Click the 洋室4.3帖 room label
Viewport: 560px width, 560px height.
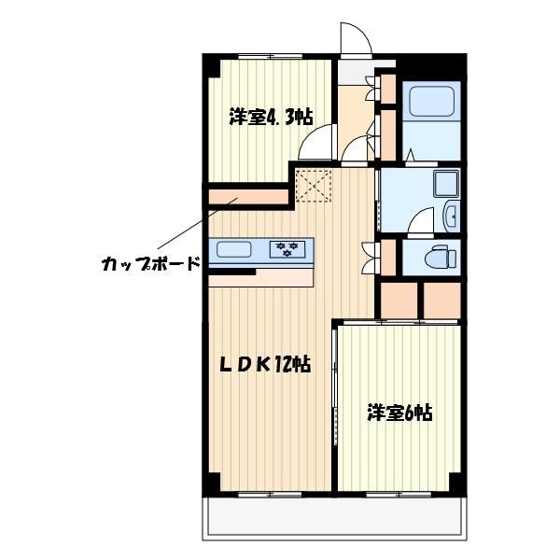pos(271,117)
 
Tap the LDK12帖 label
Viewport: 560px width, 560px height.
pos(265,365)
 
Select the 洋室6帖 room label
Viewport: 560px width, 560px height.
pos(400,413)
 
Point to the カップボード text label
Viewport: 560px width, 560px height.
pos(150,264)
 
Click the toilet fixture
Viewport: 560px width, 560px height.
pos(441,256)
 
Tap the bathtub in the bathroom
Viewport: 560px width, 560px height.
pos(432,101)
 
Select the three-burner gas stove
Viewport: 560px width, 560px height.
pos(287,249)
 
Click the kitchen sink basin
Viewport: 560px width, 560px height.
pos(234,249)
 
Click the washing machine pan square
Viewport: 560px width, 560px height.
pos(446,184)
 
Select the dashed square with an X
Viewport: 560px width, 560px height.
pos(314,186)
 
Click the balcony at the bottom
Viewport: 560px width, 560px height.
pos(335,519)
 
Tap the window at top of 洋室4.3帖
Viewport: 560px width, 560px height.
pos(271,56)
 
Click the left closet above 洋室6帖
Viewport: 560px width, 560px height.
pos(399,300)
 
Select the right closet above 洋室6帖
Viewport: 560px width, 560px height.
pos(441,300)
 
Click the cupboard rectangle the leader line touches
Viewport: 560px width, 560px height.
pos(248,197)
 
